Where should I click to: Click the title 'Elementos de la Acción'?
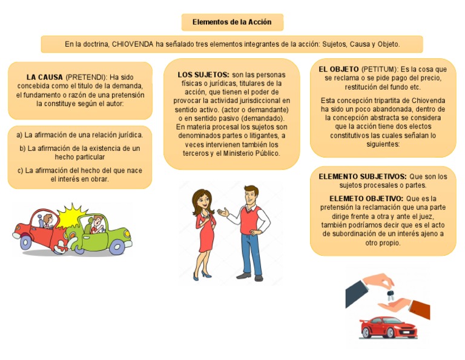click(x=232, y=22)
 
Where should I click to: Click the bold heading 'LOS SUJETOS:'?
click(x=203, y=75)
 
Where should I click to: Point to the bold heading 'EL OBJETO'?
click(x=338, y=69)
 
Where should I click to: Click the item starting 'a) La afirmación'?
click(x=79, y=135)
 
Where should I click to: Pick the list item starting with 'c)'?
click(x=79, y=175)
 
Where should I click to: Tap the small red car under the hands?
click(x=388, y=328)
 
